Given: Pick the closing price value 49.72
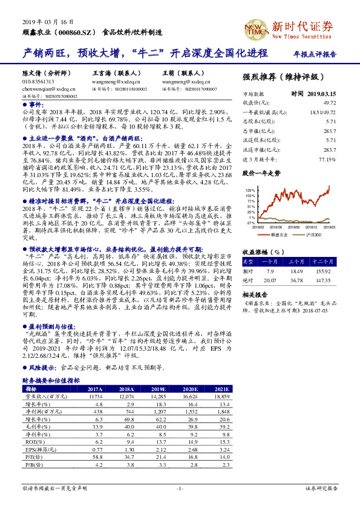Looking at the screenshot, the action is tap(330, 102).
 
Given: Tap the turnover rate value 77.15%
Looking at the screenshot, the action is tap(326, 160).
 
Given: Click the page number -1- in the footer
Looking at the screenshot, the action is tap(180, 488).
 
